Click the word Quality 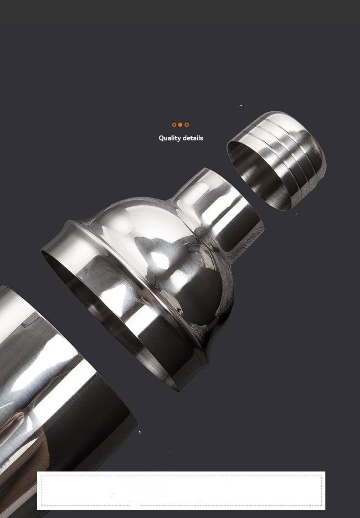click(x=170, y=138)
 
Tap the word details click(x=193, y=138)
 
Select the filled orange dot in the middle click(x=180, y=124)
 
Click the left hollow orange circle click(x=174, y=124)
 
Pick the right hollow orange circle click(x=186, y=124)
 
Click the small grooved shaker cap click(x=278, y=160)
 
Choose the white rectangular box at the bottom click(x=181, y=490)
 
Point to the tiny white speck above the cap click(x=241, y=106)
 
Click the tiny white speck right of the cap click(x=296, y=214)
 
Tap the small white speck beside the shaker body click(x=139, y=432)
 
